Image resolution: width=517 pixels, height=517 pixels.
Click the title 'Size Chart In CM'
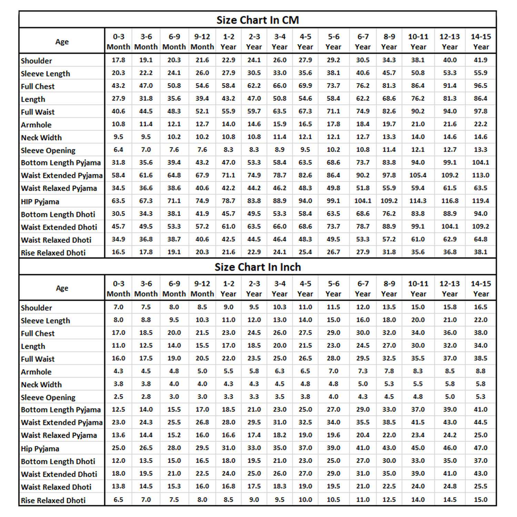[257, 20]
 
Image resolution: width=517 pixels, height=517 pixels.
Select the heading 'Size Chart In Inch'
[257, 267]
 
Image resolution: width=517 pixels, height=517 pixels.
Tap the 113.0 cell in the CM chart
[480, 175]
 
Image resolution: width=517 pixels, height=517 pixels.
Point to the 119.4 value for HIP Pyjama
[480, 201]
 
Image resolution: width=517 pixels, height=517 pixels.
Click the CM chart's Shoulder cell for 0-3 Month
[118, 60]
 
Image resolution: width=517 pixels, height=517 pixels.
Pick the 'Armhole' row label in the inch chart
[36, 372]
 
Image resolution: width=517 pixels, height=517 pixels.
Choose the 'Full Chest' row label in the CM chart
[38, 87]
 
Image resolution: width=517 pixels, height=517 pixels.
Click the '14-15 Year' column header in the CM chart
[481, 41]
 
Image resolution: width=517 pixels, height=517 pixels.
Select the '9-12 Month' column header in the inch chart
[202, 288]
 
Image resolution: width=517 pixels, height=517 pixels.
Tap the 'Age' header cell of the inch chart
[62, 288]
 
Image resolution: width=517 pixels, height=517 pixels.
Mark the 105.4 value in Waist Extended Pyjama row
[418, 175]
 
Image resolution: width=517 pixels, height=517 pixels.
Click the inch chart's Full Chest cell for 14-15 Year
[480, 333]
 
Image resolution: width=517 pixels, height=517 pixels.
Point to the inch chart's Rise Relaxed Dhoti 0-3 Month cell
[118, 499]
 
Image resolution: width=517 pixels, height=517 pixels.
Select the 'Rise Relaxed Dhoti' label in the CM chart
[53, 253]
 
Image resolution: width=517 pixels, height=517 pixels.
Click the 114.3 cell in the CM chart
[418, 201]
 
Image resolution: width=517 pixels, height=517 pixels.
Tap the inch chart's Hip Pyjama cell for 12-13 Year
[450, 448]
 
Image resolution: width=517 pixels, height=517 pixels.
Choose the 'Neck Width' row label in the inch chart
[41, 385]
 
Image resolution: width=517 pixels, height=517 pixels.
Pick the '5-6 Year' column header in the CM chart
[333, 41]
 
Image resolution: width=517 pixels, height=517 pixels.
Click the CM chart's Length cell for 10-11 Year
[418, 99]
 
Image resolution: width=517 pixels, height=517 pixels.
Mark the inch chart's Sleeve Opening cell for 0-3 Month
[118, 397]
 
